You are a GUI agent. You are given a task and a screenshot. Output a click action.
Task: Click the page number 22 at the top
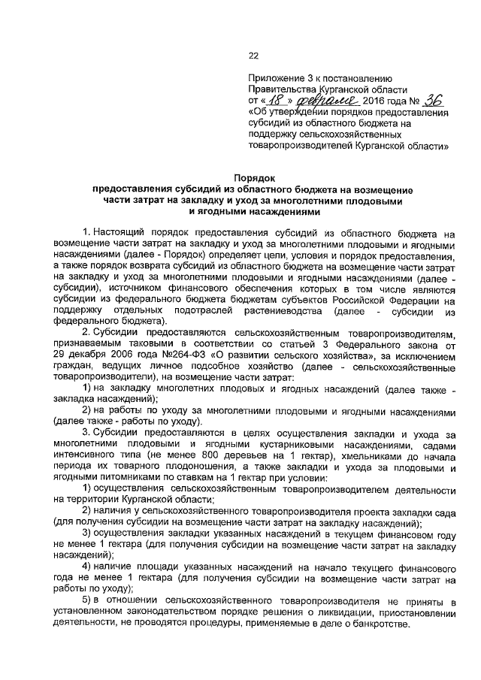253,53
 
